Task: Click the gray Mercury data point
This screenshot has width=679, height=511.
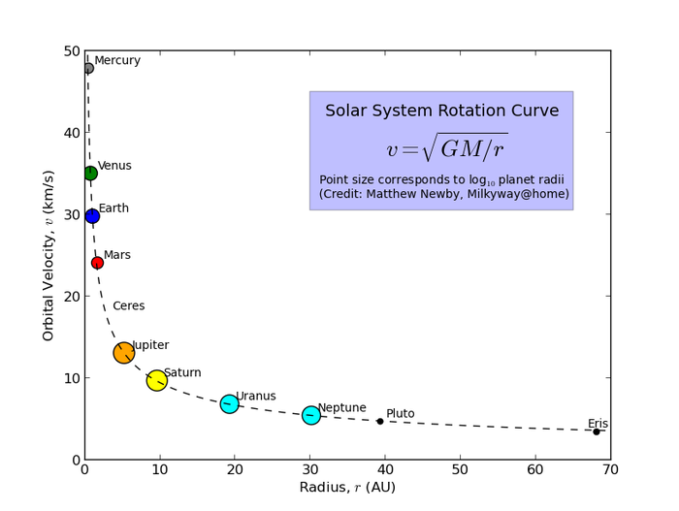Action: [x=88, y=68]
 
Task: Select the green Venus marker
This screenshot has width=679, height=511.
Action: [x=90, y=174]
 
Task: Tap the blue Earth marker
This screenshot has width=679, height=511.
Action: [x=92, y=216]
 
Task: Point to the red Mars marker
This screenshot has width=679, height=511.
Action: [x=97, y=263]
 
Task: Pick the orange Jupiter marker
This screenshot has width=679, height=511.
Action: [x=123, y=353]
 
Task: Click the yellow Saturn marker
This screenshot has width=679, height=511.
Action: [x=157, y=381]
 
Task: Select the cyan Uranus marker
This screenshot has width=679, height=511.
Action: [x=229, y=403]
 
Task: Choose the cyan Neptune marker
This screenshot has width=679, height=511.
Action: [x=310, y=415]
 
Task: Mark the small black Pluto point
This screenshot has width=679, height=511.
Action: [x=380, y=421]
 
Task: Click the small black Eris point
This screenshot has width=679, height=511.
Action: [x=597, y=431]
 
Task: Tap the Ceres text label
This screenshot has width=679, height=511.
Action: [x=128, y=306]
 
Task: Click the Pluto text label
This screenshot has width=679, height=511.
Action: [x=400, y=414]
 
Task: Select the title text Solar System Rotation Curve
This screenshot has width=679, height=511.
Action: [x=441, y=112]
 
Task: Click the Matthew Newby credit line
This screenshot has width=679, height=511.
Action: [x=441, y=195]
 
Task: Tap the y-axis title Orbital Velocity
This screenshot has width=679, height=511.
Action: [x=48, y=255]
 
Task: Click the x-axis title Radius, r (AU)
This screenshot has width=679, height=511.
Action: [x=347, y=488]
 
